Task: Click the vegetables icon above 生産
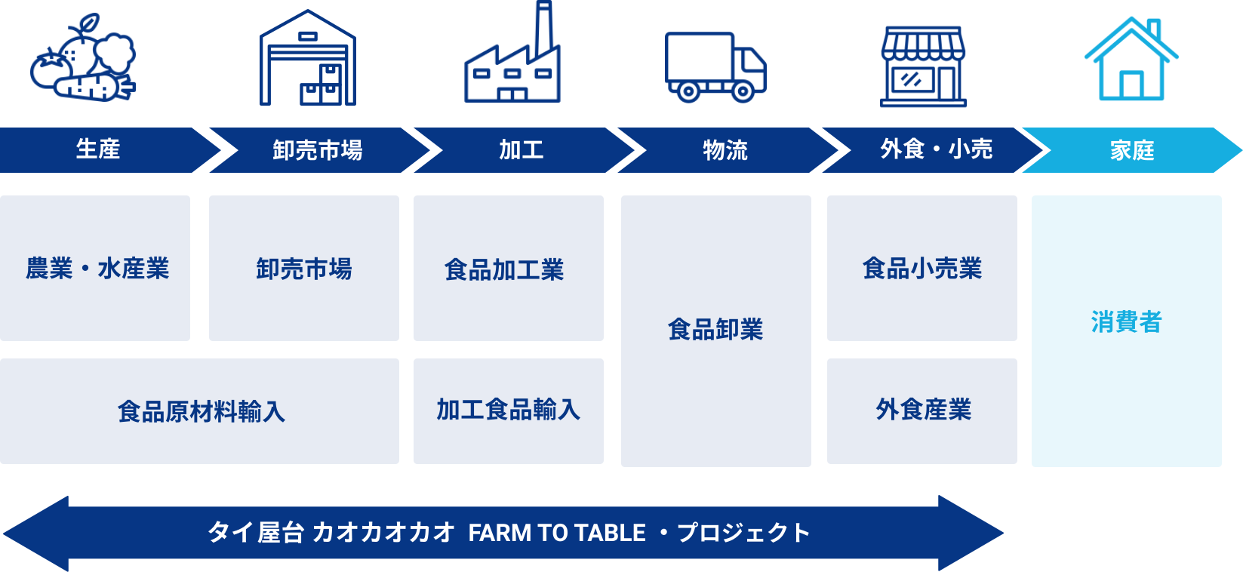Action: click(x=83, y=60)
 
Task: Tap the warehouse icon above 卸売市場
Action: click(x=307, y=59)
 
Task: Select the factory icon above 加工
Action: click(x=512, y=57)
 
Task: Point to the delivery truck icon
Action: click(x=715, y=66)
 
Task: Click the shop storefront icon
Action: click(x=923, y=66)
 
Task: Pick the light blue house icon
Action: click(x=1131, y=60)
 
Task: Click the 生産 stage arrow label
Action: click(x=98, y=149)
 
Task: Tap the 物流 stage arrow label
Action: click(x=725, y=150)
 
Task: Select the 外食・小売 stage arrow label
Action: click(x=936, y=149)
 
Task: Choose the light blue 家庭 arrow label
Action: click(x=1131, y=150)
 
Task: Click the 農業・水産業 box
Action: click(x=96, y=268)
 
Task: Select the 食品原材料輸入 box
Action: click(x=200, y=411)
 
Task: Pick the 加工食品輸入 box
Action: click(x=508, y=410)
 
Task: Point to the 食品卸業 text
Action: click(x=715, y=330)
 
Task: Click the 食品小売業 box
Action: click(x=921, y=268)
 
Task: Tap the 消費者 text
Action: click(x=1125, y=322)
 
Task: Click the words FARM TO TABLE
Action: click(x=556, y=533)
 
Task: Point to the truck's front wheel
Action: click(x=743, y=92)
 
